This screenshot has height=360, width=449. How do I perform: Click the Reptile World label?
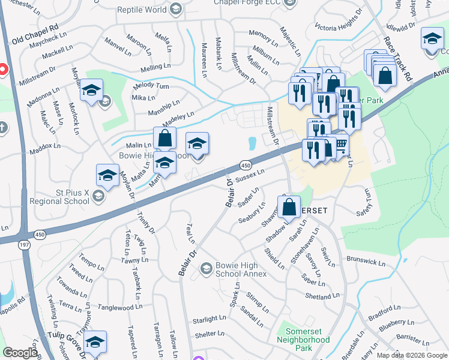pyautogui.click(x=142, y=9)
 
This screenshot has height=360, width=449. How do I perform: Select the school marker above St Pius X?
pyautogui.click(x=107, y=176)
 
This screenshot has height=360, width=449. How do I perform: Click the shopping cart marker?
pyautogui.click(x=340, y=144)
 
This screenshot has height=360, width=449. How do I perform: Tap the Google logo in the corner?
pyautogui.click(x=20, y=353)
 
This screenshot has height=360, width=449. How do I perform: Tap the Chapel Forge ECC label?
pyautogui.click(x=249, y=2)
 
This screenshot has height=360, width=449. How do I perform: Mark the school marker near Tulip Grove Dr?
pyautogui.click(x=95, y=342)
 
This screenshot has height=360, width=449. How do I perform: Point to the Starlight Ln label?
pyautogui.click(x=209, y=320)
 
